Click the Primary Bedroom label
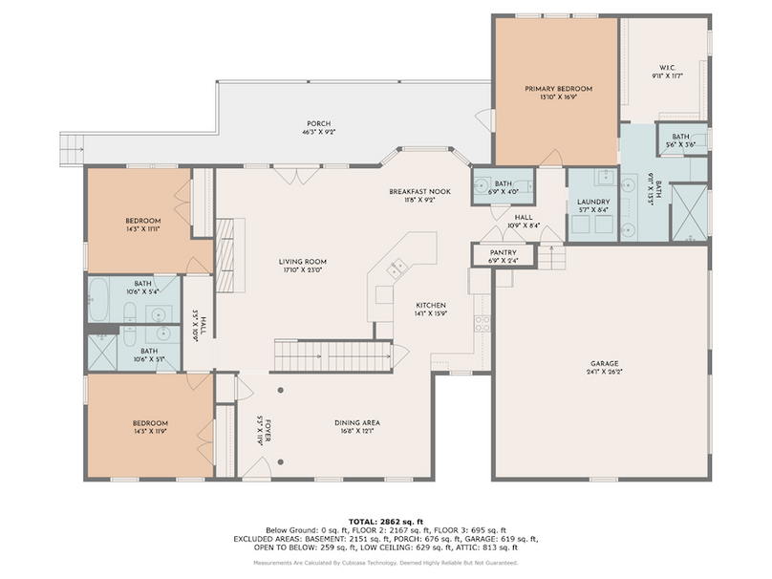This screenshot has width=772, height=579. point(558,89)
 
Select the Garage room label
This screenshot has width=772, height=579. point(605,364)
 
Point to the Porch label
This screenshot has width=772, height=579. point(318,124)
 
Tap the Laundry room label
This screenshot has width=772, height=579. point(592,203)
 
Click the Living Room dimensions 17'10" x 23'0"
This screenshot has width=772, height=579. point(303,270)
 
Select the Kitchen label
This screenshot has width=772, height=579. point(429,306)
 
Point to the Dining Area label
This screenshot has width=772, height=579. point(357,423)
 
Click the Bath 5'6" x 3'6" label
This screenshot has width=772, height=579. point(680,140)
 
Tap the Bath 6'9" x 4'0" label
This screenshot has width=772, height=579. point(503,186)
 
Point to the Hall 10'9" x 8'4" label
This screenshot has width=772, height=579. point(524,222)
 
